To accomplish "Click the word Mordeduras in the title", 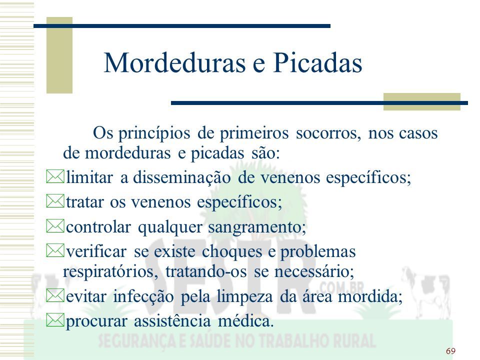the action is click(175, 63).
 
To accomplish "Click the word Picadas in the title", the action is click(317, 63).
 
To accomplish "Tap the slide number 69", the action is click(450, 351).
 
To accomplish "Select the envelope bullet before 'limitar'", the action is click(55, 176).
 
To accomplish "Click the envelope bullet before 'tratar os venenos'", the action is click(55, 201).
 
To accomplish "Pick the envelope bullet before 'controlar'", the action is click(55, 226).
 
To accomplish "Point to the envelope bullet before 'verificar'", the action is click(55, 250).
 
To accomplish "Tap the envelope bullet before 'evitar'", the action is click(55, 295).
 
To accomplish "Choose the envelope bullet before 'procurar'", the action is click(55, 320).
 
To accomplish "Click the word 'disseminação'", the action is click(181, 177).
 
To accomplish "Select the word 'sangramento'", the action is click(257, 227).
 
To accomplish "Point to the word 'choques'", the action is click(232, 251).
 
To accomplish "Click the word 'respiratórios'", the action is click(110, 272).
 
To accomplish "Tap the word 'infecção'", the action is click(143, 297).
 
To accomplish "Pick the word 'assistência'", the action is click(172, 321).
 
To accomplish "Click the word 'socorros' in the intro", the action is click(328, 133).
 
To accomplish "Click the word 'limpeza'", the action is click(244, 297).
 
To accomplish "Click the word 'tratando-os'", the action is click(206, 271).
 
